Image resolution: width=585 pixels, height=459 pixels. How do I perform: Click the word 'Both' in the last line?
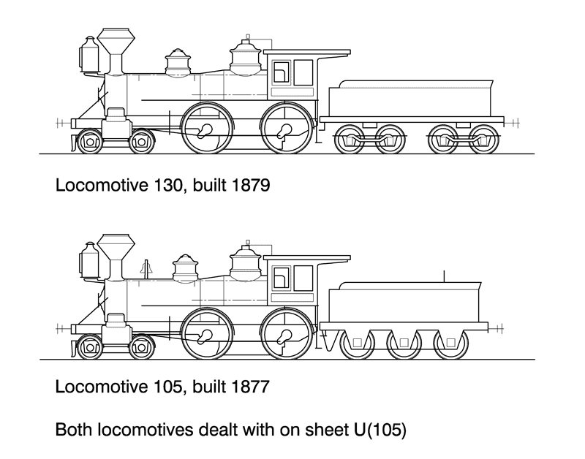coord(75,429)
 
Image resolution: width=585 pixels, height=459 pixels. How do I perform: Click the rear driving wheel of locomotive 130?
coord(286,129)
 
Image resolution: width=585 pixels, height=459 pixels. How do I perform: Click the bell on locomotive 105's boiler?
coord(145,269)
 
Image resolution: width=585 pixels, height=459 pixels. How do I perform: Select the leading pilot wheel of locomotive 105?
coord(90,347)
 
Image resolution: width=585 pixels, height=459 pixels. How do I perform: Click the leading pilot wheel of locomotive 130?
coord(90,142)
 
